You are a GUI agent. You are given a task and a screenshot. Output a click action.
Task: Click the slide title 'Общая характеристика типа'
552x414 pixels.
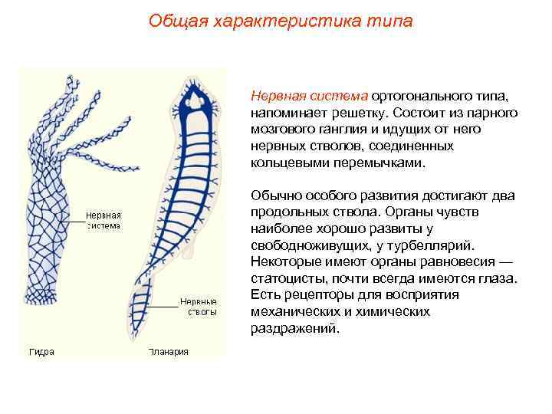[x=280, y=21]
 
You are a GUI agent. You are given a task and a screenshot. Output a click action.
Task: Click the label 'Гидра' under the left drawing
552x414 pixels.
[x=41, y=352]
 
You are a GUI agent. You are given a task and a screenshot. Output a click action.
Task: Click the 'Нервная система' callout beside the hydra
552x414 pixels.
[x=103, y=221]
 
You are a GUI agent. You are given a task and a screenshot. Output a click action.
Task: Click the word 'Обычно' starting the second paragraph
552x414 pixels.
[x=273, y=196]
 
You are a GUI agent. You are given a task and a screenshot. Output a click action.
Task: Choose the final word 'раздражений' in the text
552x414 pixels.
[x=294, y=328]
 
